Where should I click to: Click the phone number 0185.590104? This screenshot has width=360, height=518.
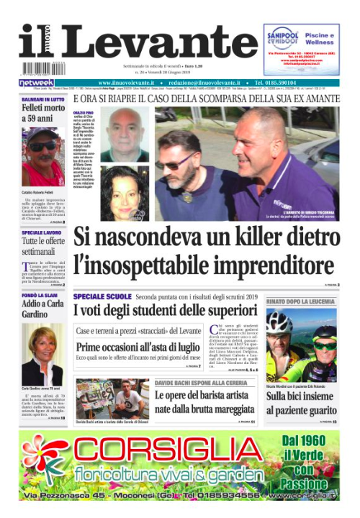tap(318, 83)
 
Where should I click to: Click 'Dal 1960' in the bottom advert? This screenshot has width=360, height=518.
tap(310, 440)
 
